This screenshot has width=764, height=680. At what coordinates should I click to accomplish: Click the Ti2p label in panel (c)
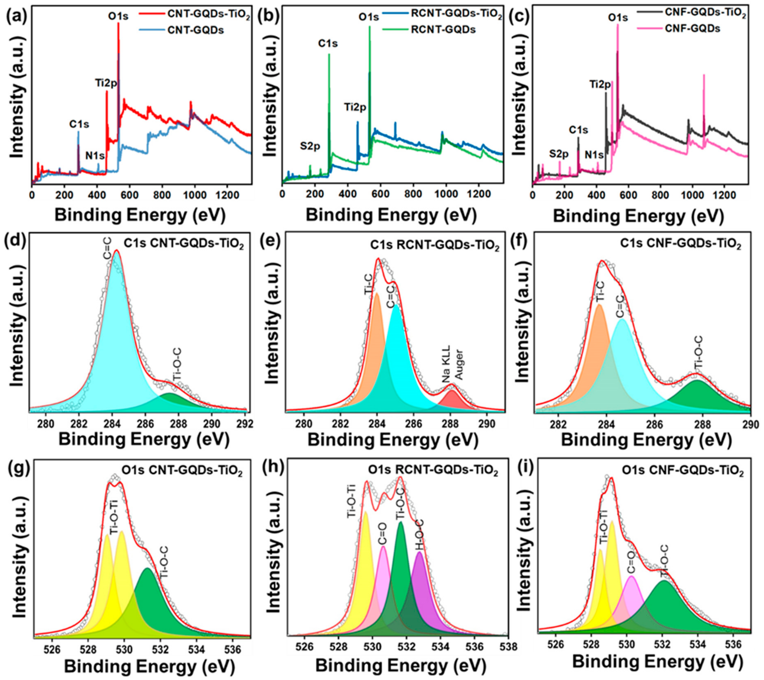coord(600,85)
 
